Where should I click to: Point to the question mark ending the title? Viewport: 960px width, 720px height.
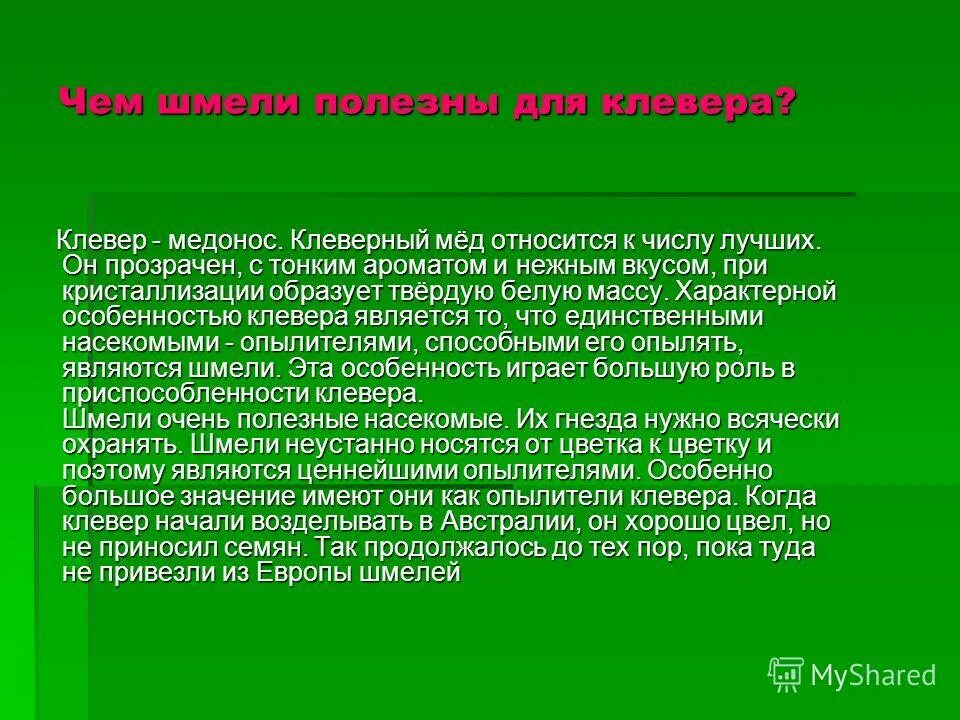pos(783,102)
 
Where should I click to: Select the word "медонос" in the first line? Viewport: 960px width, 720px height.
pos(227,241)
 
